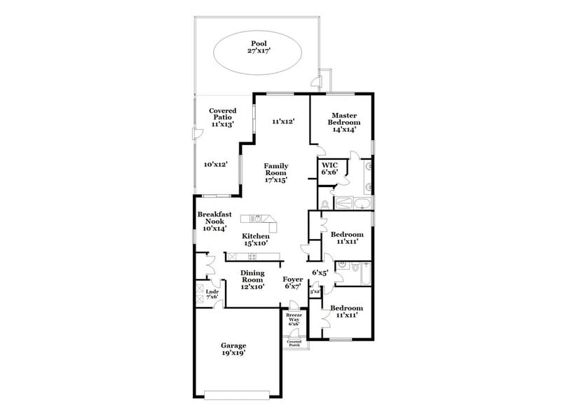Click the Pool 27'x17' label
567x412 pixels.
tap(259, 47)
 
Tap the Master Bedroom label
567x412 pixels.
tap(344, 122)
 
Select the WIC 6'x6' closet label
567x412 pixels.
tap(330, 168)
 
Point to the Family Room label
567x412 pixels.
tap(275, 172)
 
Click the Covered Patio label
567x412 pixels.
tap(222, 117)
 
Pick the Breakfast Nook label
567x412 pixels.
tap(214, 221)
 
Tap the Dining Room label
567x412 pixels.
tap(252, 279)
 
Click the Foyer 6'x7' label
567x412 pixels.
tap(293, 282)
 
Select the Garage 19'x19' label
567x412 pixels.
tap(233, 350)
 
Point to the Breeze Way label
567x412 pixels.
tap(293, 320)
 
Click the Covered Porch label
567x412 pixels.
tap(293, 343)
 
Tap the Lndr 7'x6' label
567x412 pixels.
tap(212, 294)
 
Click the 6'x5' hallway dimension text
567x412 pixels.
tap(320, 273)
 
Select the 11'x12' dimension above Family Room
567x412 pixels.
tap(282, 121)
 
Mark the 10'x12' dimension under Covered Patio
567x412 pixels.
tap(216, 164)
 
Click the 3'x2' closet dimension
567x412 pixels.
tap(314, 291)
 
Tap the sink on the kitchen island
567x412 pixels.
tap(257, 218)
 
